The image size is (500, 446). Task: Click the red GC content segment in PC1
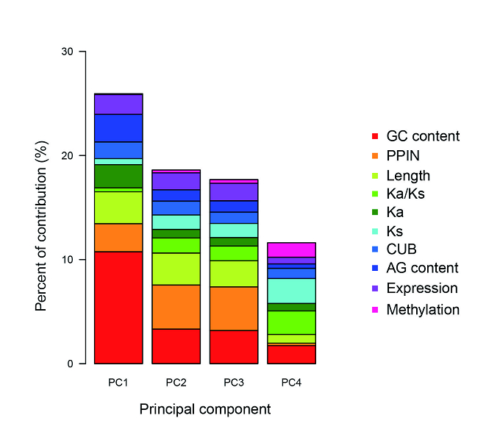[x=118, y=308]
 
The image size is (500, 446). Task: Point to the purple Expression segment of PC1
[x=118, y=105]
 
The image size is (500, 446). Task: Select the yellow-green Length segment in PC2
[x=176, y=269]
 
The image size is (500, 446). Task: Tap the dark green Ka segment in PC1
[x=118, y=176]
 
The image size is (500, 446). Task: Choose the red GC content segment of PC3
[x=234, y=347]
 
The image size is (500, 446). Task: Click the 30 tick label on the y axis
[x=68, y=52]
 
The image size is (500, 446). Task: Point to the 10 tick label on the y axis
[x=68, y=260]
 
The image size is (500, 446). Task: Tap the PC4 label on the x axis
[x=291, y=383]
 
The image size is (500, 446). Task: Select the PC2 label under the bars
[x=176, y=383]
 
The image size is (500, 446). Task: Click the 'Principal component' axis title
[x=205, y=409]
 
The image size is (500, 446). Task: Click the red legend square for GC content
[x=375, y=136]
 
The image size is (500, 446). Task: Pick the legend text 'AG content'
[x=422, y=268]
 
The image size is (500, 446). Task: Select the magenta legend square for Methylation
[x=375, y=310]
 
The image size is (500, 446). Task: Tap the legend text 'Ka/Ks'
[x=405, y=194]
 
